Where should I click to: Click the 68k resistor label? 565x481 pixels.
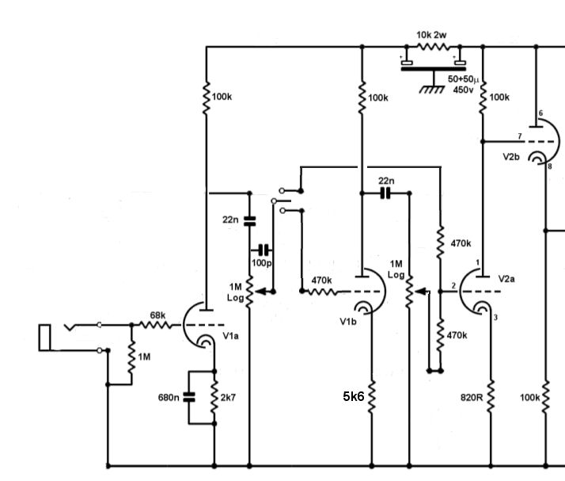[157, 315]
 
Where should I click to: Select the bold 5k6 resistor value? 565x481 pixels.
[354, 396]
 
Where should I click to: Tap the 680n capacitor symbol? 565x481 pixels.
[189, 397]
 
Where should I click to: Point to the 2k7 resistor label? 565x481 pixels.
[228, 397]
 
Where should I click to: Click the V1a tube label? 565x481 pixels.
[230, 336]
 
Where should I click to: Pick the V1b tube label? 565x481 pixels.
[348, 322]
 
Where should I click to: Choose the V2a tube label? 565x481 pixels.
[506, 279]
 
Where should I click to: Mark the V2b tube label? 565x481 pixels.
[511, 157]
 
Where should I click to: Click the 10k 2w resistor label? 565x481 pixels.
[431, 35]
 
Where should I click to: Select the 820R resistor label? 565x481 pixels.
[472, 397]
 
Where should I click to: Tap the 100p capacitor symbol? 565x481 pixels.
[264, 250]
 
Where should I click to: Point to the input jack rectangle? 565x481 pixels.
[44, 338]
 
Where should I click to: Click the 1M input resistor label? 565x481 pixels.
[144, 357]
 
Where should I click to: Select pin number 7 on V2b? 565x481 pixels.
[520, 136]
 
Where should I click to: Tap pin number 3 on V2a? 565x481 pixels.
[495, 318]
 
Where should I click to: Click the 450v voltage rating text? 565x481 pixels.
[463, 90]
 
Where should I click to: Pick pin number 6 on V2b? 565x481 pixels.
[540, 113]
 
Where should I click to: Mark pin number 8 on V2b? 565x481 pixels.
[549, 166]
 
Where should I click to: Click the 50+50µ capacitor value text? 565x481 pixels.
[464, 79]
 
